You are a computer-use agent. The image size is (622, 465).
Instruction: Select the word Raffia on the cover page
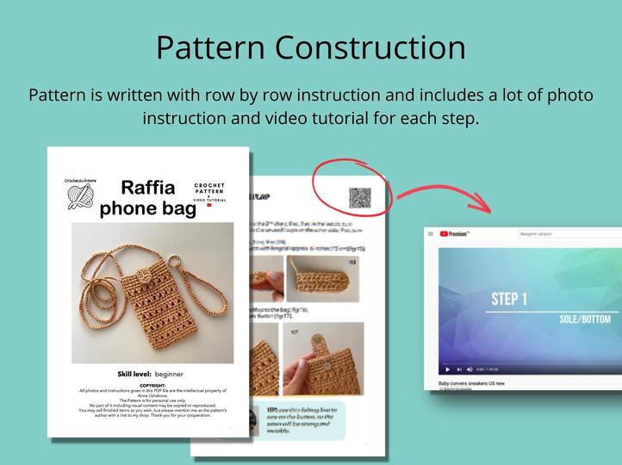[x=147, y=188]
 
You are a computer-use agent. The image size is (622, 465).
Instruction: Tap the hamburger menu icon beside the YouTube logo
[x=431, y=233]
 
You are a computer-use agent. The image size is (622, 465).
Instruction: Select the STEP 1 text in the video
[x=508, y=299]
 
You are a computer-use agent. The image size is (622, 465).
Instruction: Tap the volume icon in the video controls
[x=470, y=369]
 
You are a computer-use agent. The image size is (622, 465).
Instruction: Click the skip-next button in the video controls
[x=458, y=369]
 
